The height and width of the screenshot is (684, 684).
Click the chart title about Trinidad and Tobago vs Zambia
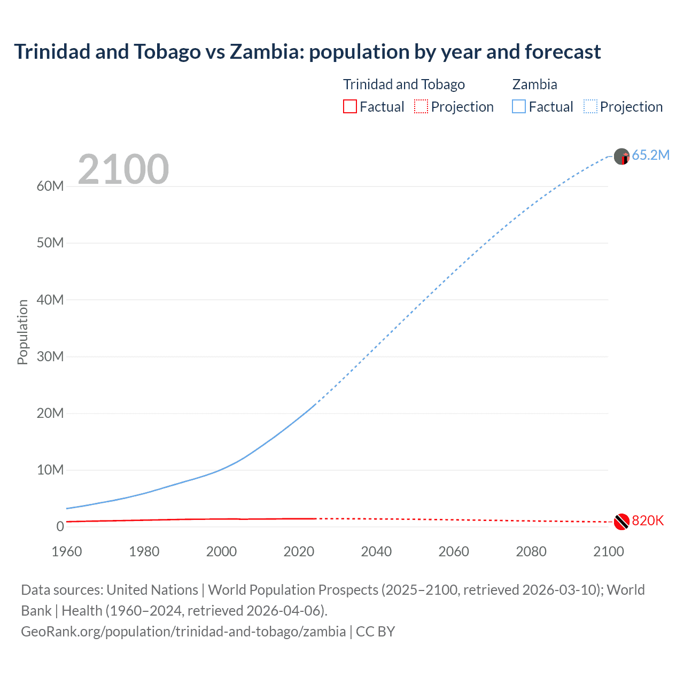[307, 52]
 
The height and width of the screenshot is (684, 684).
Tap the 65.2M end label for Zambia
[650, 155]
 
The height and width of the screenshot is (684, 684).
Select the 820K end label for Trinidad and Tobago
[648, 520]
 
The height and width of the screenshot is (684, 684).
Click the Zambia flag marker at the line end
[621, 157]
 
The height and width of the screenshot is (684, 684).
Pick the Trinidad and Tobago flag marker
[621, 522]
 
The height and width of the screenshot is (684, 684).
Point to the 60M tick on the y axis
[50, 186]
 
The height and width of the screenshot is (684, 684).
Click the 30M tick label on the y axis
[50, 356]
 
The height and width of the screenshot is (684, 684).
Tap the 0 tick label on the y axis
[60, 526]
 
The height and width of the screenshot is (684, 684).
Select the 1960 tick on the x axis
[67, 551]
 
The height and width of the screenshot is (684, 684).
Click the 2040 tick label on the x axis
[376, 551]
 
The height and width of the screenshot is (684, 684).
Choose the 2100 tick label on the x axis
[609, 551]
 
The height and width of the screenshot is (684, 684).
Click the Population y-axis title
[22, 332]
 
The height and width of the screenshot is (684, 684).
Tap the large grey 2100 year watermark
[123, 169]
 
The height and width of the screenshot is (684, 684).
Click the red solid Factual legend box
[350, 106]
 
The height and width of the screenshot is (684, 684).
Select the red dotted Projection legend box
[421, 106]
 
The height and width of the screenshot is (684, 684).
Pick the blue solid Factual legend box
[519, 106]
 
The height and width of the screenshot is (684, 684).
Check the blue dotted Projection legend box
[590, 106]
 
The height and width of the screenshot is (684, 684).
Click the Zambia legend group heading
[534, 84]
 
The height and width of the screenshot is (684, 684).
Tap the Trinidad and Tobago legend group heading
[403, 84]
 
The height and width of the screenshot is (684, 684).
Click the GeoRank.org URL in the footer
[183, 631]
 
